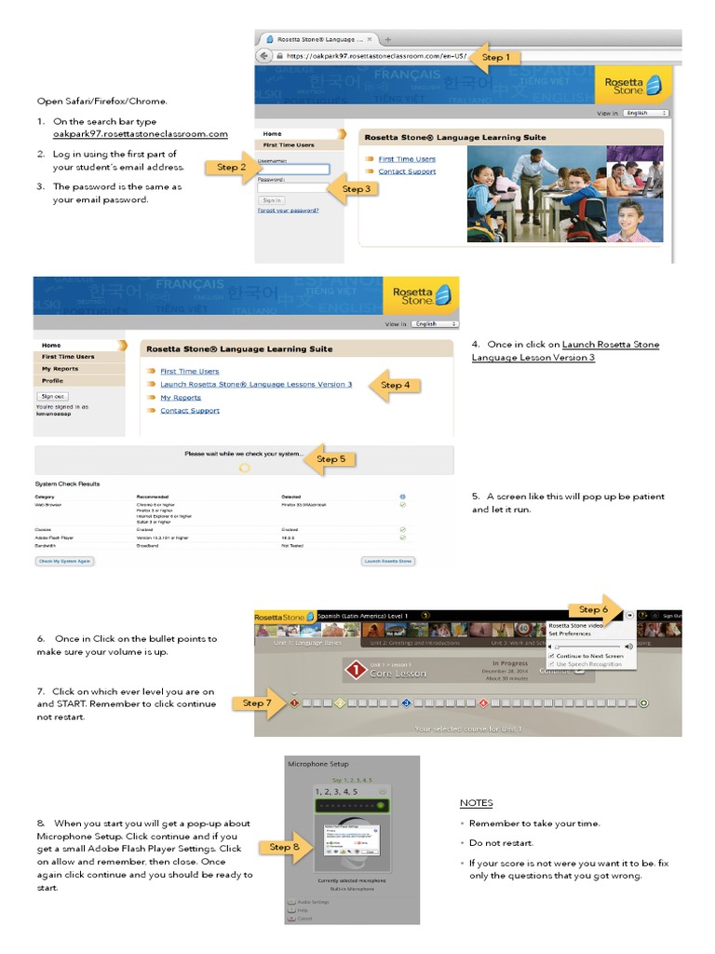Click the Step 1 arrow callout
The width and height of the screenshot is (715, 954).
tap(494, 57)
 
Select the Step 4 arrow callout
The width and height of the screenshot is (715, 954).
tap(393, 385)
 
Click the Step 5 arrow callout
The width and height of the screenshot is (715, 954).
tap(329, 458)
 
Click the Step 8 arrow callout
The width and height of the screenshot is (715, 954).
tap(283, 847)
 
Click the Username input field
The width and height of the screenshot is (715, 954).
tap(293, 169)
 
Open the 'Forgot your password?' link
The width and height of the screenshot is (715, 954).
tap(288, 211)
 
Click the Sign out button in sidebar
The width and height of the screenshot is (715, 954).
tap(52, 396)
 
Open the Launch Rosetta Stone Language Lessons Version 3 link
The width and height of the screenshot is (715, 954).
tap(256, 384)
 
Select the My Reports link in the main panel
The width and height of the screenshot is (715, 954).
tap(181, 398)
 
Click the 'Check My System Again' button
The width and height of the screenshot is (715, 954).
tap(65, 561)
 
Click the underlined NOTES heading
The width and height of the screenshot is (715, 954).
tap(477, 803)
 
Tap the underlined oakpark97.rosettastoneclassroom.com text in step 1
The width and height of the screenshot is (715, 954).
tap(140, 134)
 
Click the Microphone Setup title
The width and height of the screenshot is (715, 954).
tap(318, 764)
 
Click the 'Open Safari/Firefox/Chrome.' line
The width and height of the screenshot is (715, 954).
tap(102, 101)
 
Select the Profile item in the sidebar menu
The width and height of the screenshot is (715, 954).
tap(53, 380)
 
